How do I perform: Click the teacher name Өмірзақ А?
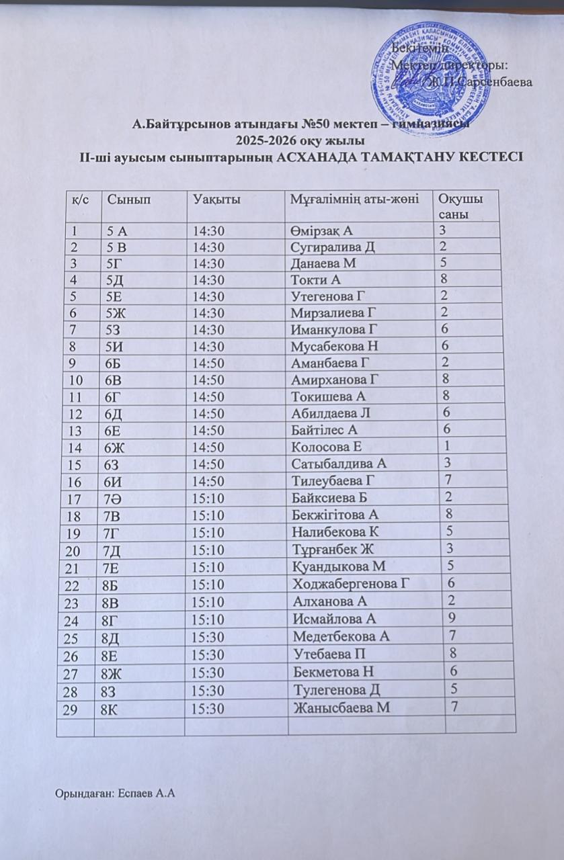point(323,231)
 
